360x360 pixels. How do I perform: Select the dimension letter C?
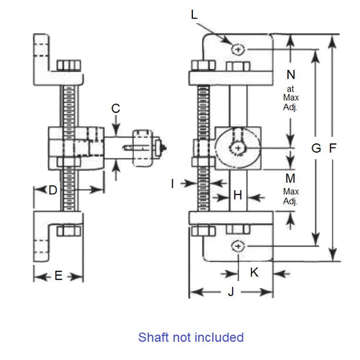coord(116,109)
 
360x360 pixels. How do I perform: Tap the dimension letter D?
coord(53,190)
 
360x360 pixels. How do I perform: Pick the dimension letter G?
coord(315,148)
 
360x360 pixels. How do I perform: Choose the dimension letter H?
coord(238,194)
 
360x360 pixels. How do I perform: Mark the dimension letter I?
coord(173,184)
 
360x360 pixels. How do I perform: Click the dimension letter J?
coord(230,292)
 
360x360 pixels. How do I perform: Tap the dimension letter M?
coord(291,178)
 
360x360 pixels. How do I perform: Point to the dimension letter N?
coord(291,74)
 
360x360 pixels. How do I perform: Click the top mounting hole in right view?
coord(238,48)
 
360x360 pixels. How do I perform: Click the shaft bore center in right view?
coord(238,147)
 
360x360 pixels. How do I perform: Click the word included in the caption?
coord(220,337)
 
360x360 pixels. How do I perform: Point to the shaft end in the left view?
coord(166,148)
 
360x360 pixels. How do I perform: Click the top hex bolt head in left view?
coord(68,66)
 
